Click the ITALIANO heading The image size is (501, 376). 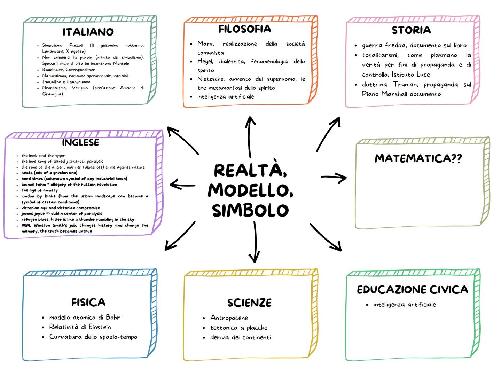[x=88, y=32]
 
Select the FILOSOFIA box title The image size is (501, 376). [x=245, y=29]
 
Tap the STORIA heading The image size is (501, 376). [x=411, y=30]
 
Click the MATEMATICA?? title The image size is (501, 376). [x=418, y=158]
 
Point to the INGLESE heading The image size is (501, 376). [x=80, y=142]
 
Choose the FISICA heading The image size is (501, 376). [x=88, y=302]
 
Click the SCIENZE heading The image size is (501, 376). [x=249, y=303]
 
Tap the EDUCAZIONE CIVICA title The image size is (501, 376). [x=412, y=290]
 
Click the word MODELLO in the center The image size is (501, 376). [x=250, y=190]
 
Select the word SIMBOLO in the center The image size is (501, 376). [x=250, y=211]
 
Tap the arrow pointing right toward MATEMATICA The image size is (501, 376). [x=334, y=178]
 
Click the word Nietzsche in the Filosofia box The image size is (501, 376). [x=211, y=79]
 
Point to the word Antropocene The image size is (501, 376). [x=229, y=318]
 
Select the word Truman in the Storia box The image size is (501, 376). [x=405, y=85]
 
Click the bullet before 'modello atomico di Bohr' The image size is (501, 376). [x=43, y=318]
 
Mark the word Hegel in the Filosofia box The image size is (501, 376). [x=205, y=62]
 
